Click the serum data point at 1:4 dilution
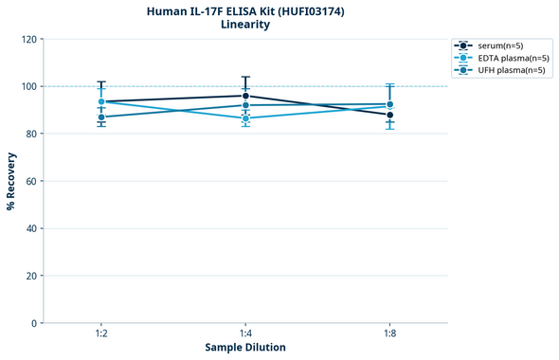245,96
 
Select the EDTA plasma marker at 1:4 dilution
245,118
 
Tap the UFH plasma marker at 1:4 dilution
245,105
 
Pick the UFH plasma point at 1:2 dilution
101,117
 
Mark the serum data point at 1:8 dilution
389,115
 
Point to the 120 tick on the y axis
30,39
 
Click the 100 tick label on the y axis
30,86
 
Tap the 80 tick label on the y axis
32,134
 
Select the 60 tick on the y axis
32,181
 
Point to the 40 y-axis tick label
32,228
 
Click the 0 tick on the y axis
35,323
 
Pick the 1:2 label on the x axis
101,334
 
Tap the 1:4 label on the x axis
245,334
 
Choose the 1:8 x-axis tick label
389,334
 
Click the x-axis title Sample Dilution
245,348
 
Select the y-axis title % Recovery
11,180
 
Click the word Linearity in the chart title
244,25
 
